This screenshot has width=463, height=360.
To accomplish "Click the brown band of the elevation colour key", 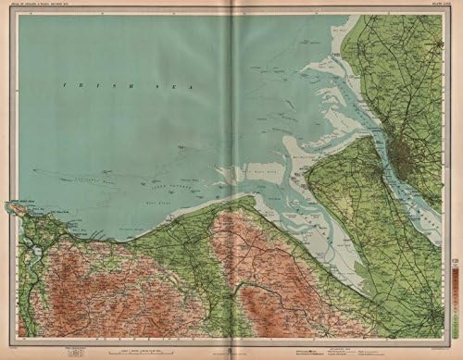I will [x=455, y=278].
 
